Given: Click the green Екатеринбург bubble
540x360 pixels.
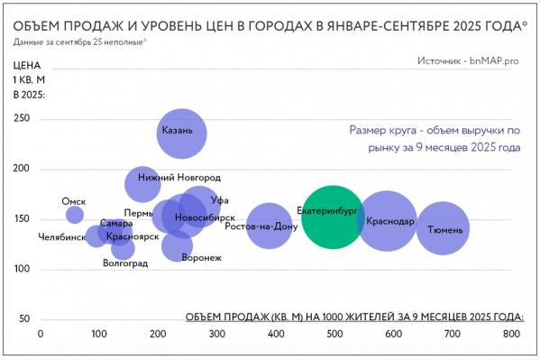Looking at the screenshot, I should point(333,217).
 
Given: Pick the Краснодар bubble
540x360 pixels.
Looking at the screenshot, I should point(387,221).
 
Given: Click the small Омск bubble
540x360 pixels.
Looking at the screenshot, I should point(75,215).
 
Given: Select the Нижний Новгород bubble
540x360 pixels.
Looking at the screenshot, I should point(142,183).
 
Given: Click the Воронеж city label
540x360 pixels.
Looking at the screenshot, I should point(201,259).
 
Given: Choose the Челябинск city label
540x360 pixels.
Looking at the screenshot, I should point(62,237).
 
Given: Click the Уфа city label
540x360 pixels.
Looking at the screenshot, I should point(219,200).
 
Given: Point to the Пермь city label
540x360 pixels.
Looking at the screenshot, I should point(139,214).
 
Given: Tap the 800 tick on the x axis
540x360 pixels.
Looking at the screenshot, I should point(510,334).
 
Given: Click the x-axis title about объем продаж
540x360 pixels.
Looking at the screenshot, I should point(354,317).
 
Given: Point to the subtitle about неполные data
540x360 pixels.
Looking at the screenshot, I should point(80,42).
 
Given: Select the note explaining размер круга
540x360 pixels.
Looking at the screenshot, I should point(435,138).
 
